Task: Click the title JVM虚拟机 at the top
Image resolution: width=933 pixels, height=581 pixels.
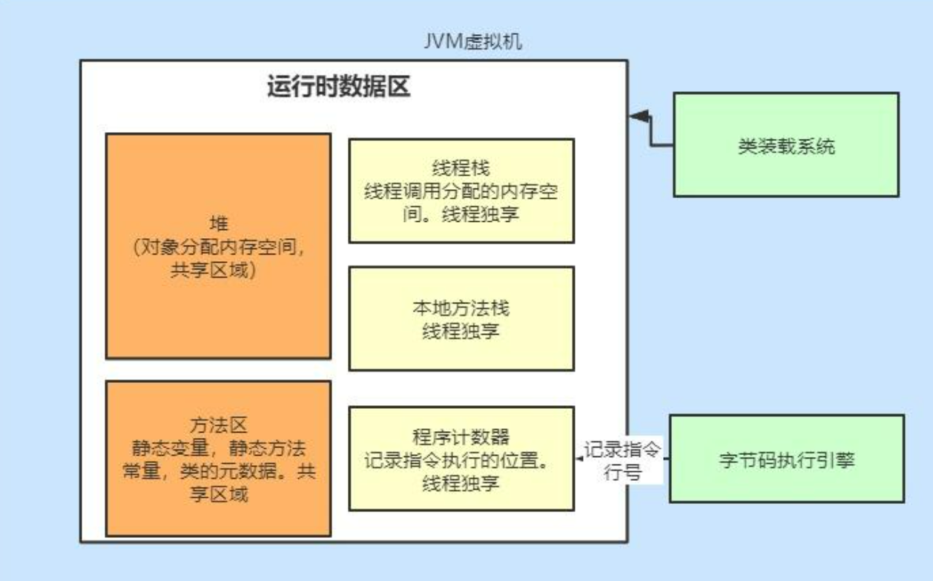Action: (472, 41)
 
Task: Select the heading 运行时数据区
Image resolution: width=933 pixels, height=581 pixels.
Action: (338, 88)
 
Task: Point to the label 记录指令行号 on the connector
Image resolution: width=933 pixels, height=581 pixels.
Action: (622, 461)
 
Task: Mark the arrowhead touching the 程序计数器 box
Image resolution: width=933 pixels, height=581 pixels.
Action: (579, 460)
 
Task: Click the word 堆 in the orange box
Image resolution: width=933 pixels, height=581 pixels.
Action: (218, 224)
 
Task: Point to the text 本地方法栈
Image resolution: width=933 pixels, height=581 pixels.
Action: (461, 307)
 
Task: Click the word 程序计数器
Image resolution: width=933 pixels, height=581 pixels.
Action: (461, 436)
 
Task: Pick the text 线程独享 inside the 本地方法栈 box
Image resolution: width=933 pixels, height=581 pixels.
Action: (461, 330)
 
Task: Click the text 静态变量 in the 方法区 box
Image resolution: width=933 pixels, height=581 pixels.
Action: (166, 449)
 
